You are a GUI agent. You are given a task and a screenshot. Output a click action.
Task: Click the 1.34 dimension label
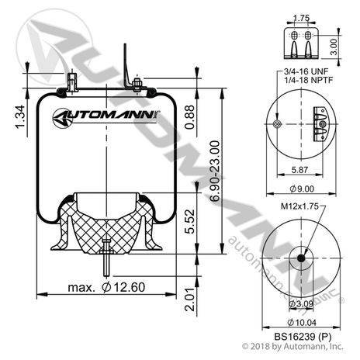pos(20,117)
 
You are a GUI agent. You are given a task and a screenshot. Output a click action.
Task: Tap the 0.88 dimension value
pos(189,117)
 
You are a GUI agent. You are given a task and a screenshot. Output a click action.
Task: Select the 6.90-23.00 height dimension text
pos(215,171)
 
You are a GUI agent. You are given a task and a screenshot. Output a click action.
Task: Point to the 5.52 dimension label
pos(190,221)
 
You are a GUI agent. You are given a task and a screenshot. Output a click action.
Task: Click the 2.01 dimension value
pos(190,299)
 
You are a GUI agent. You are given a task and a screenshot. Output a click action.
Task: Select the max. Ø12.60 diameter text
pos(106,287)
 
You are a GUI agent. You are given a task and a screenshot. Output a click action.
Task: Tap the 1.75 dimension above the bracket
pos(302,18)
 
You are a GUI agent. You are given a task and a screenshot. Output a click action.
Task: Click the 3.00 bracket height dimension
pos(334,47)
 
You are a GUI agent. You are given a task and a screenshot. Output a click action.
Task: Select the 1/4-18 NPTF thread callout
pos(308,80)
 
